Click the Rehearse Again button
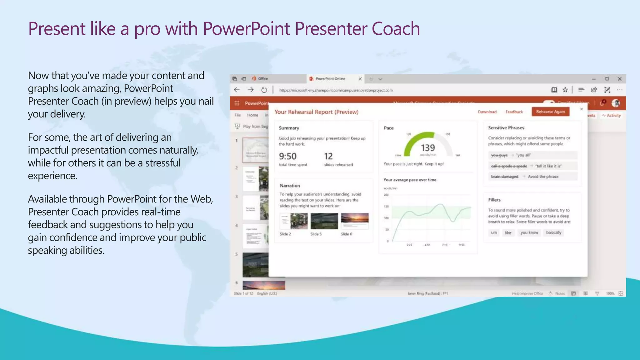click(x=550, y=112)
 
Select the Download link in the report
click(x=487, y=112)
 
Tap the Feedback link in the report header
click(x=514, y=112)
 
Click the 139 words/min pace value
click(x=427, y=148)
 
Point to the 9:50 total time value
click(x=287, y=156)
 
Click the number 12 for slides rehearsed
click(x=328, y=156)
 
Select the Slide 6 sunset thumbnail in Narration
click(x=355, y=221)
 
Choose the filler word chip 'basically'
click(x=553, y=232)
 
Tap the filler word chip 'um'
click(x=494, y=232)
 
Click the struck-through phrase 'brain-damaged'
click(x=504, y=177)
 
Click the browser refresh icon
click(x=264, y=90)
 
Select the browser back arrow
click(x=237, y=90)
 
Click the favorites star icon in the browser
click(x=565, y=90)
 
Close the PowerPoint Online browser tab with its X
click(x=360, y=79)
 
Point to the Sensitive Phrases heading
click(x=506, y=128)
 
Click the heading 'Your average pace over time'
click(x=410, y=180)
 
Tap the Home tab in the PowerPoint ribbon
click(x=252, y=115)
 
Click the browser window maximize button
click(x=607, y=79)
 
